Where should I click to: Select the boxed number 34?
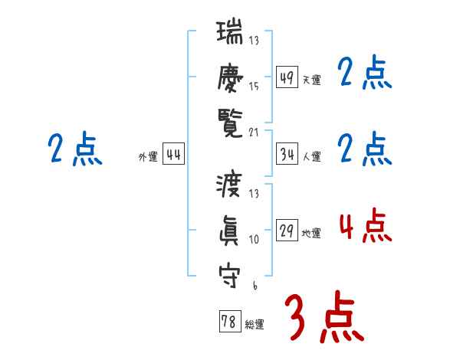coord(287,154)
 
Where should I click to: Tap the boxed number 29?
coord(287,231)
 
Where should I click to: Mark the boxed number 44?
coord(174,155)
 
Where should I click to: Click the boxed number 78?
coord(229,322)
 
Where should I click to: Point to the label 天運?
coord(311,80)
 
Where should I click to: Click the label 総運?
coord(254,325)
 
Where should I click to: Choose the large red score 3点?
coord(325,317)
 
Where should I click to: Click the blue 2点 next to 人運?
coord(365,149)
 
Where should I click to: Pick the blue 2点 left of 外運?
coord(74,149)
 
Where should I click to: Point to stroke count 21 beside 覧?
coord(255,132)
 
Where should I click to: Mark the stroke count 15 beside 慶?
coord(255,87)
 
